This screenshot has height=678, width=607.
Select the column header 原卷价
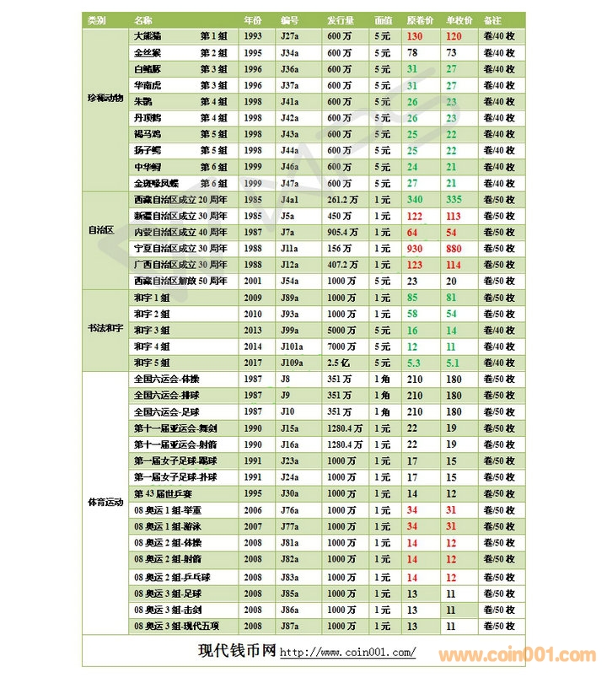419,19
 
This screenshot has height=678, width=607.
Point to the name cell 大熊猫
148,36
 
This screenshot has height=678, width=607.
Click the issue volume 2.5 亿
339,363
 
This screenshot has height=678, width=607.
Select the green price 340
414,200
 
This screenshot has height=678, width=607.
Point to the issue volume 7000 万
341,347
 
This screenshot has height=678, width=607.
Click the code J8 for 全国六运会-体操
287,379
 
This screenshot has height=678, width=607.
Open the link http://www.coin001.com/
347,653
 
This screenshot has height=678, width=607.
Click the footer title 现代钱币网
236,651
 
